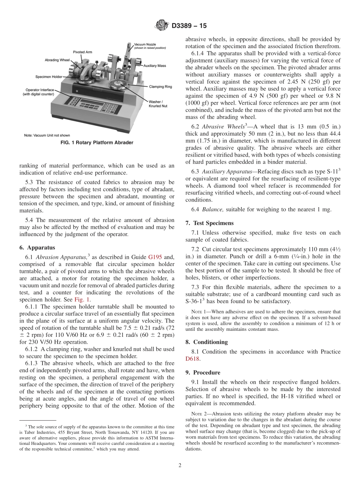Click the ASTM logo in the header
tap(161, 26)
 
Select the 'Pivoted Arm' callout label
tap(82, 52)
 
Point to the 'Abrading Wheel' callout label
tap(57, 60)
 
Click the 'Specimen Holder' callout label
tap(49, 77)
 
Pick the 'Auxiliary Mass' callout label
tap(155, 66)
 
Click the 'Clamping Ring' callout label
tap(160, 87)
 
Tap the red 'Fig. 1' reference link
tap(82, 299)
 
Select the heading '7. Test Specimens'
tap(210, 223)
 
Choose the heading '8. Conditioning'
tap(207, 342)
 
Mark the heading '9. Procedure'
tap(203, 372)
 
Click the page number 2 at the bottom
tap(180, 465)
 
